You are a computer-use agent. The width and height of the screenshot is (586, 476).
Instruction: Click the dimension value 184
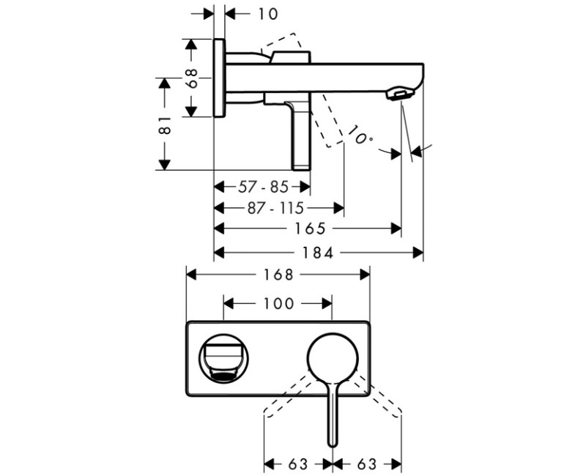pos(318,253)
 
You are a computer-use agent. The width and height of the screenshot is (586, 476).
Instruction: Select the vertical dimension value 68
pos(193,78)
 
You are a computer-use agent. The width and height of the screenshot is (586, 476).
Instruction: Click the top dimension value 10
pos(248,12)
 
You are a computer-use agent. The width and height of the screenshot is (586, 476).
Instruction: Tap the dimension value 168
pos(278,274)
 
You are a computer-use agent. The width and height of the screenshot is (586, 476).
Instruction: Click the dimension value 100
pos(278,302)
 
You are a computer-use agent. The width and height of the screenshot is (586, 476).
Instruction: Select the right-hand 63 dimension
pos(368,464)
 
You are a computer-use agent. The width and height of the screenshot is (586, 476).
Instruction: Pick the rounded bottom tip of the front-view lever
pos(333,442)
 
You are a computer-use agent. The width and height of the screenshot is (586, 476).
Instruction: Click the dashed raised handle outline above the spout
pos(282,42)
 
